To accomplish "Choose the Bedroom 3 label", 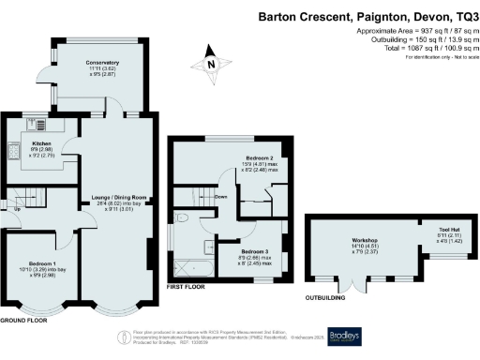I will pyautogui.click(x=253, y=252).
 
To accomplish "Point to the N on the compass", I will pyautogui.click(x=212, y=64).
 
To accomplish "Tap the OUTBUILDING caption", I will pyautogui.click(x=326, y=299).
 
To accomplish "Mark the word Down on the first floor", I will pyautogui.click(x=222, y=197).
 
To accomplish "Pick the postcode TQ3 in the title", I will pyautogui.click(x=458, y=15).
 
